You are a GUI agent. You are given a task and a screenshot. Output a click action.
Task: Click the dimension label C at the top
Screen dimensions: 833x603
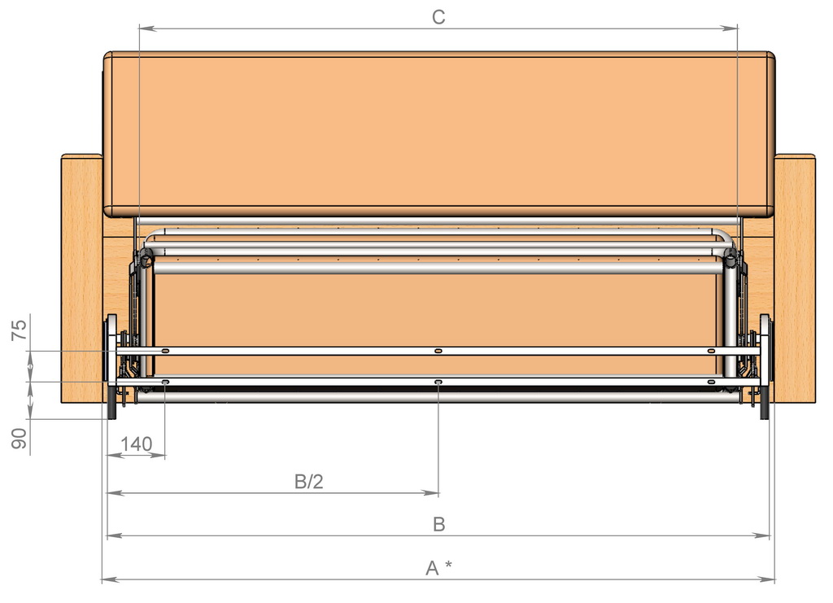pos(438,17)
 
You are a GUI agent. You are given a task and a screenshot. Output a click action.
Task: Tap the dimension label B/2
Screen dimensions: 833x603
pos(308,481)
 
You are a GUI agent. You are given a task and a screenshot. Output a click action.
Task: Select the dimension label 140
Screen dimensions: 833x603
pos(136,444)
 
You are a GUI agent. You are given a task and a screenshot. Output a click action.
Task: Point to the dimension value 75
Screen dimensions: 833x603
pos(20,330)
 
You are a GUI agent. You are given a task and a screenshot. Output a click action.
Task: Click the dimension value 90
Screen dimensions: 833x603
pos(20,439)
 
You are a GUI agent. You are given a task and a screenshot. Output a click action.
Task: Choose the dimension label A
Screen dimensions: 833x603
pos(432,569)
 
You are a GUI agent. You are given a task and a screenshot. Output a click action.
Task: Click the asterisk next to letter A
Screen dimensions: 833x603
pos(448,564)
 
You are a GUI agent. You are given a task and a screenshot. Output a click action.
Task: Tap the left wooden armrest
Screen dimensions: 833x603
pos(82,278)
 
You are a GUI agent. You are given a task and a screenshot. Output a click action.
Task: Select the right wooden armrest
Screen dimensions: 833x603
pos(795,278)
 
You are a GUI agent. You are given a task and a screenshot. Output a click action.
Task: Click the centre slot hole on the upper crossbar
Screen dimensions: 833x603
pos(438,351)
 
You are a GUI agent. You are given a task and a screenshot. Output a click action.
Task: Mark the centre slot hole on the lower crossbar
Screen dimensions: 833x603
pos(438,382)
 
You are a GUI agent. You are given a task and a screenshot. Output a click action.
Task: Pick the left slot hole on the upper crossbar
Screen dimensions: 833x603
pos(165,351)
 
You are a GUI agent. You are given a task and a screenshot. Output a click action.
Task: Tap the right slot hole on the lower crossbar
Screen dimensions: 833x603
pos(711,382)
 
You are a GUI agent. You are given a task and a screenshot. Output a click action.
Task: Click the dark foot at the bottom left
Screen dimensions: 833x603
pos(112,403)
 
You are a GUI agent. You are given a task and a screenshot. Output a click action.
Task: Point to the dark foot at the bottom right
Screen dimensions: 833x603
pos(765,403)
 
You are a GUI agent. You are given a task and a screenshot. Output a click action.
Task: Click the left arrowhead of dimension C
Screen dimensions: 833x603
pos(147,28)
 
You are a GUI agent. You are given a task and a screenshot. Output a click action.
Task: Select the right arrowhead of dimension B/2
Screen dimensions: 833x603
pos(430,493)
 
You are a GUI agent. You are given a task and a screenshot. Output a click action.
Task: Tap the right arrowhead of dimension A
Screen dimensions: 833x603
pos(766,579)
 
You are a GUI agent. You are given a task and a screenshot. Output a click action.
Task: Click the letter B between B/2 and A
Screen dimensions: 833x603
pos(438,524)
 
